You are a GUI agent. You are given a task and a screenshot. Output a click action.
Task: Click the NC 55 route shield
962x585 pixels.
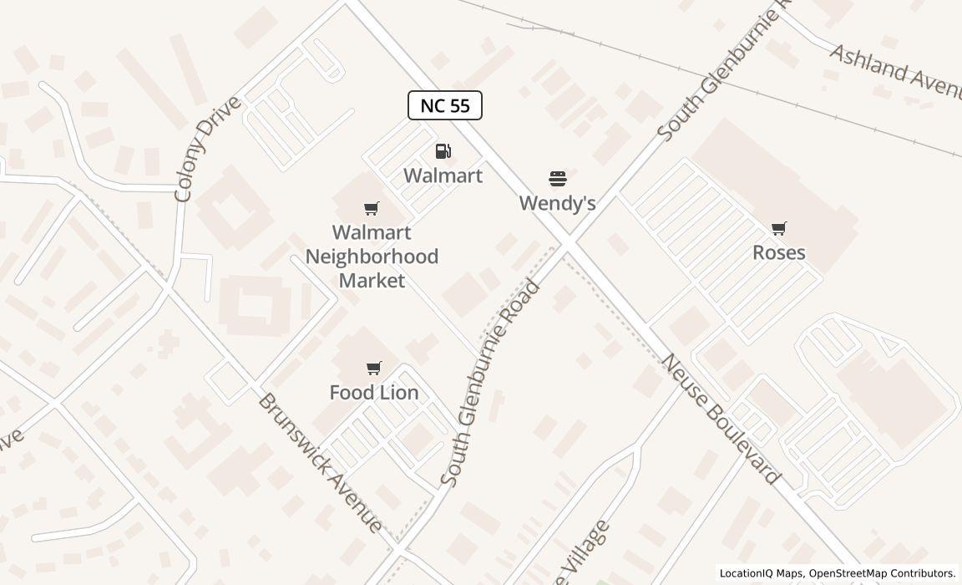(444, 105)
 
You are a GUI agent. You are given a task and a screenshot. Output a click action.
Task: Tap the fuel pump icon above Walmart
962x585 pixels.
(443, 151)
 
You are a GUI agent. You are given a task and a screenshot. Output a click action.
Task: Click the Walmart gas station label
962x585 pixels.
(443, 175)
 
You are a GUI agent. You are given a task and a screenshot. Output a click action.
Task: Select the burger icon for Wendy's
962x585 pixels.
(558, 179)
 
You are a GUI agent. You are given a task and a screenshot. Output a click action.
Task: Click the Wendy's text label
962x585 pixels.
(557, 203)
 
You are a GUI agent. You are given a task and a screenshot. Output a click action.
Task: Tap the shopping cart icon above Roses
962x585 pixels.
(779, 228)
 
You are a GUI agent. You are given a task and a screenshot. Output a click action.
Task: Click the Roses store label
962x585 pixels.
(778, 252)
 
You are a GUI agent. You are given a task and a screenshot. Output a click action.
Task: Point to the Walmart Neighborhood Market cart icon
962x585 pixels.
(372, 208)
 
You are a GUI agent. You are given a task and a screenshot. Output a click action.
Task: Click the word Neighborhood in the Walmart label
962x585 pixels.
(372, 257)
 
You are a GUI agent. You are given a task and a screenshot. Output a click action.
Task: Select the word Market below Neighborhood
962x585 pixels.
(372, 280)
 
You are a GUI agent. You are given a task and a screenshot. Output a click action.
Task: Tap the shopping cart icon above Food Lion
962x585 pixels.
(374, 368)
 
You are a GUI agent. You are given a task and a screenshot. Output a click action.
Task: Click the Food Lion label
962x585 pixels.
(374, 392)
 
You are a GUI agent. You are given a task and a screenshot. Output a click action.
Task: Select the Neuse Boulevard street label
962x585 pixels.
(721, 420)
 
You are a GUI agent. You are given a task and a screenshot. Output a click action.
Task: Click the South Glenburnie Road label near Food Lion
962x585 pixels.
(491, 384)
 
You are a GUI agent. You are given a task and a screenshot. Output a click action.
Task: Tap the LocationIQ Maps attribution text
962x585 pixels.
(761, 573)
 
